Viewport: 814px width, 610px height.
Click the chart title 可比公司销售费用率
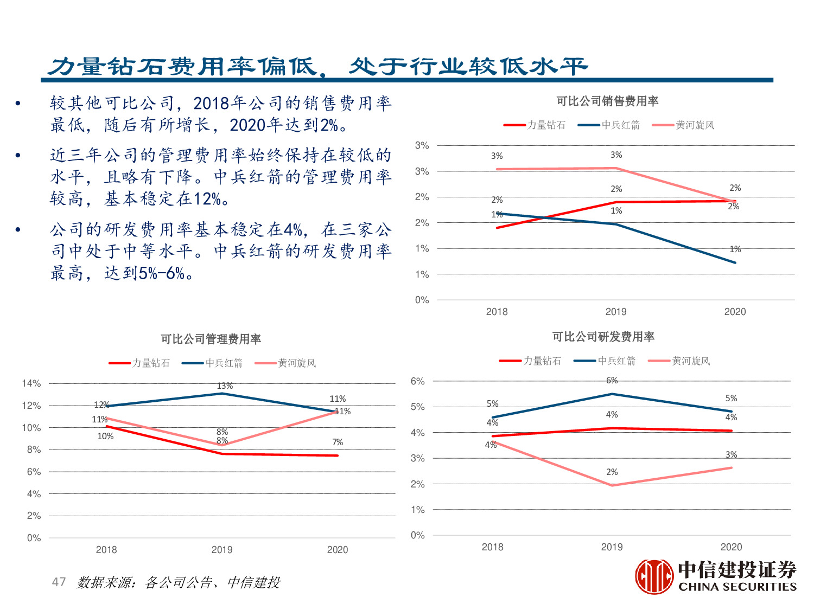607,101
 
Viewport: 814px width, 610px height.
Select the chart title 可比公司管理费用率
211,339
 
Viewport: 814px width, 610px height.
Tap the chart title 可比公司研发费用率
603,337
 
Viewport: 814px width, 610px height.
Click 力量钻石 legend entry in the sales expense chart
535,125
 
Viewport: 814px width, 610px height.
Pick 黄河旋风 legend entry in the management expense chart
285,363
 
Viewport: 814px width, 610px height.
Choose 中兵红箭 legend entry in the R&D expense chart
605,361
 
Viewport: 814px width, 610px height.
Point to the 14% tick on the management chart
31,384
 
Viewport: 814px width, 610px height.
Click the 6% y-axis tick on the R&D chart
417,381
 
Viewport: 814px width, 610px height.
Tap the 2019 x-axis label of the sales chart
616,312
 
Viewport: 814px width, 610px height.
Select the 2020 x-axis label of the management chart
338,550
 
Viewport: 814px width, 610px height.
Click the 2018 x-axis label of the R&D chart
492,547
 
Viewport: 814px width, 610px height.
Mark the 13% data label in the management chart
225,386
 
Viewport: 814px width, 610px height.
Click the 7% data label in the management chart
338,442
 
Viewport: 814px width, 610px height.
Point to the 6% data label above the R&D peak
612,381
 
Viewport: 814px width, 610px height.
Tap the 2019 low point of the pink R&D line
612,485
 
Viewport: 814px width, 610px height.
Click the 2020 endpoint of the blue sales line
735,262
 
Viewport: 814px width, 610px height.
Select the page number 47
59,582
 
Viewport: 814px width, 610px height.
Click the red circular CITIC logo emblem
654,577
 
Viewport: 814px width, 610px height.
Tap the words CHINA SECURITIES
737,587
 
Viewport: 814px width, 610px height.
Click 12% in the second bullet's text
207,199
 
